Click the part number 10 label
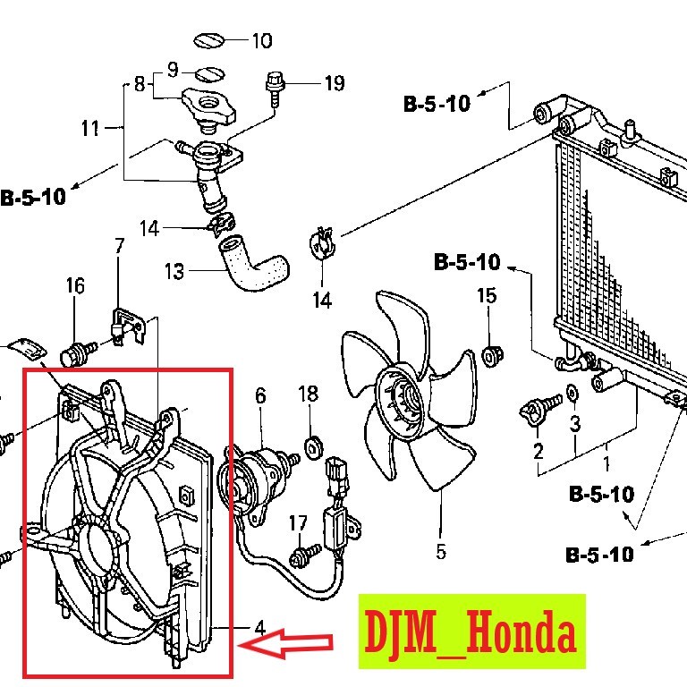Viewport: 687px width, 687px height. [261, 40]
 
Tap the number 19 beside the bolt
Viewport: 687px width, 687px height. [333, 84]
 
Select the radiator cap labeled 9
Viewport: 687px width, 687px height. [208, 72]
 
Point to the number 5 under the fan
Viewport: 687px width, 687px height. [441, 551]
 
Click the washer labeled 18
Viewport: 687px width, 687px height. [311, 445]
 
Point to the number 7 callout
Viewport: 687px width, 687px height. [118, 245]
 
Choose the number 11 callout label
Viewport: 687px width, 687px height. [90, 129]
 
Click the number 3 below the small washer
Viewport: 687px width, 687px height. [574, 422]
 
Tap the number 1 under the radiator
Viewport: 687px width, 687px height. [606, 464]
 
